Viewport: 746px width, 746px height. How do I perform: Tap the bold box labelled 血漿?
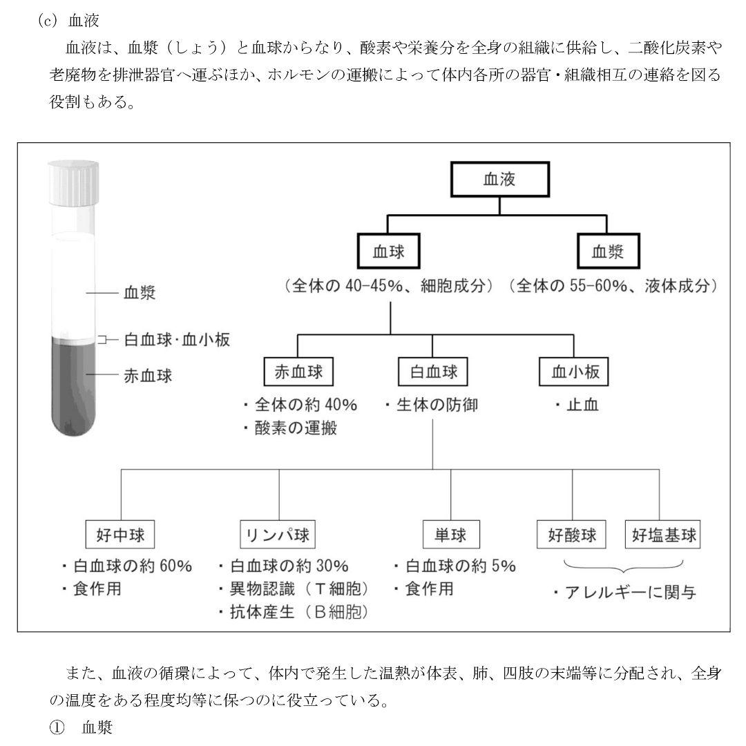[x=608, y=252]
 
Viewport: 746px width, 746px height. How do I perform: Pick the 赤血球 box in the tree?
[x=298, y=372]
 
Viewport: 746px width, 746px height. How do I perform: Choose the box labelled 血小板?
[x=574, y=372]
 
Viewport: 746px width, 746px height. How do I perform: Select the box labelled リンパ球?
[x=278, y=535]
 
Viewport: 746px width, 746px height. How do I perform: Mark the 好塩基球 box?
[x=662, y=535]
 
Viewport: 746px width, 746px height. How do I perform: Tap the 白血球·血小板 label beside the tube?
[x=177, y=340]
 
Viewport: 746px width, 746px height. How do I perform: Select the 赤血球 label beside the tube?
[x=148, y=376]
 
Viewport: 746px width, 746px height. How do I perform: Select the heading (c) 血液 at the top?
[x=70, y=21]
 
